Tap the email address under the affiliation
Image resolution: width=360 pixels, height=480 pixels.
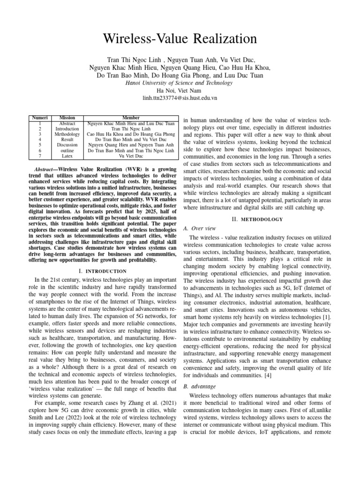(180, 98)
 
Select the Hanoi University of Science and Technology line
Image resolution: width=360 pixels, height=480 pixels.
(180, 83)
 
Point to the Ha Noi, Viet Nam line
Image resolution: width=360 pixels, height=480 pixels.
(180, 90)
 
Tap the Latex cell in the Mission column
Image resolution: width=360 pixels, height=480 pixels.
(67, 156)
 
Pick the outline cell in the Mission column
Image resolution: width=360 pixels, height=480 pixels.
(67, 150)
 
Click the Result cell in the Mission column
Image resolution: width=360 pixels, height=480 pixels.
(67, 139)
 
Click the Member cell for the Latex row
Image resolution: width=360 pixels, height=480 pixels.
(130, 156)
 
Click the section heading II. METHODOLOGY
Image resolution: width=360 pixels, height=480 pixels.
(257, 219)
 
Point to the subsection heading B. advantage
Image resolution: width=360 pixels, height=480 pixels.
(199, 386)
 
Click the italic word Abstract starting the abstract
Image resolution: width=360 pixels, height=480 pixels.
(46, 169)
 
